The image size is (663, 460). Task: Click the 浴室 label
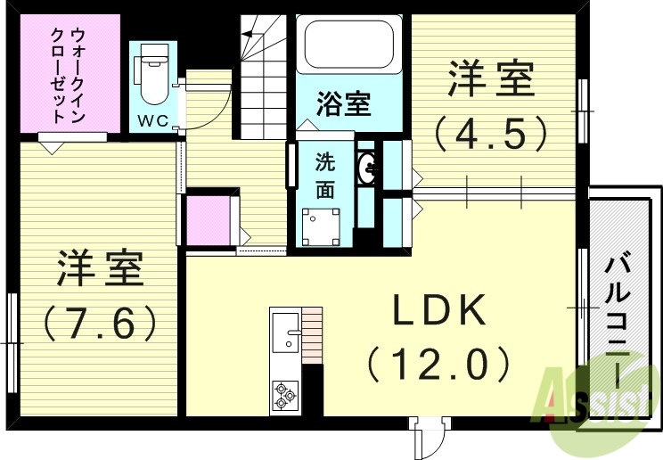click(344, 104)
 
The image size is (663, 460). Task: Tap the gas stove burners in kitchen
click(286, 393)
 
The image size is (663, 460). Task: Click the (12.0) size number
click(438, 363)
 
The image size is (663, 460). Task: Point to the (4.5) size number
click(490, 134)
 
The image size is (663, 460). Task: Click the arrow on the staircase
click(249, 35)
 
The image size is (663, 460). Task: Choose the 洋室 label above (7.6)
click(101, 268)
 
